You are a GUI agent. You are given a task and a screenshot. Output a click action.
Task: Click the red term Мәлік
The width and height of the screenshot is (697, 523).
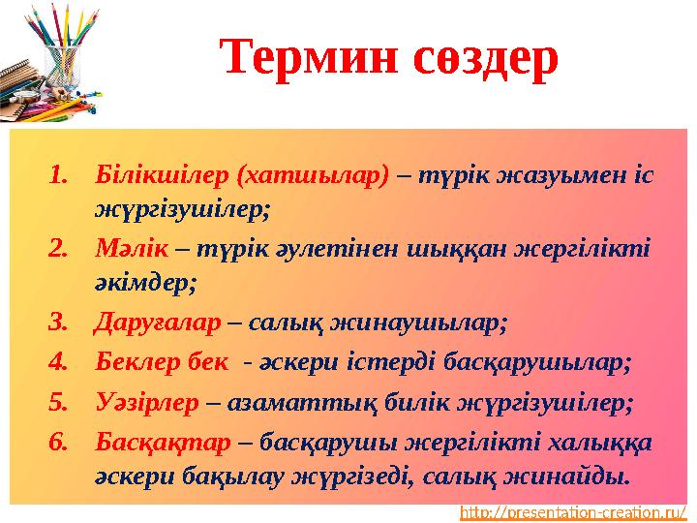tap(131, 248)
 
